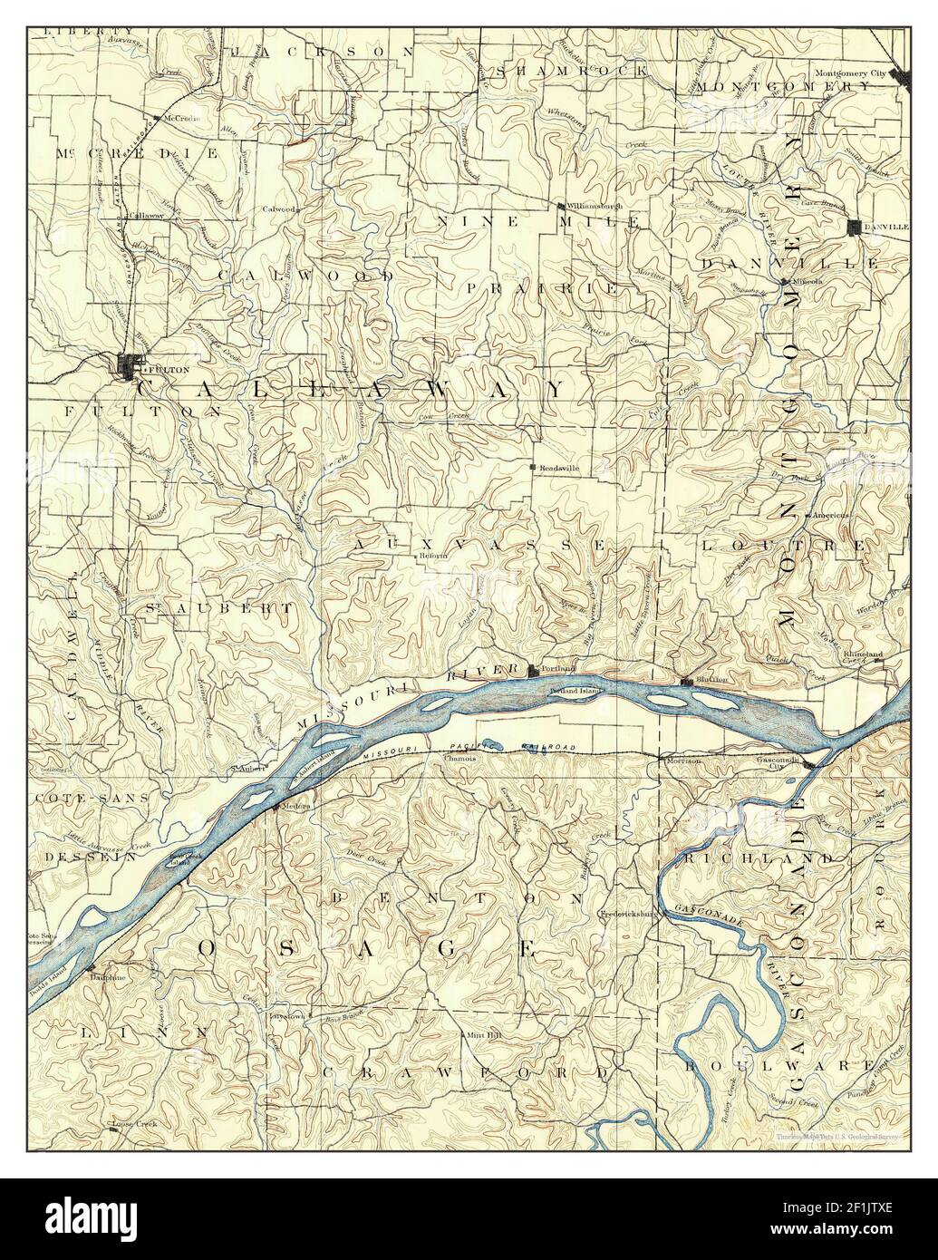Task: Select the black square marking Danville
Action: pos(855,227)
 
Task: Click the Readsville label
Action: pos(558,468)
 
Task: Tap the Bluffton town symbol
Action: pos(686,681)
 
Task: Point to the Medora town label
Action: pos(296,806)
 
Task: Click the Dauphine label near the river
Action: pos(101,978)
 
